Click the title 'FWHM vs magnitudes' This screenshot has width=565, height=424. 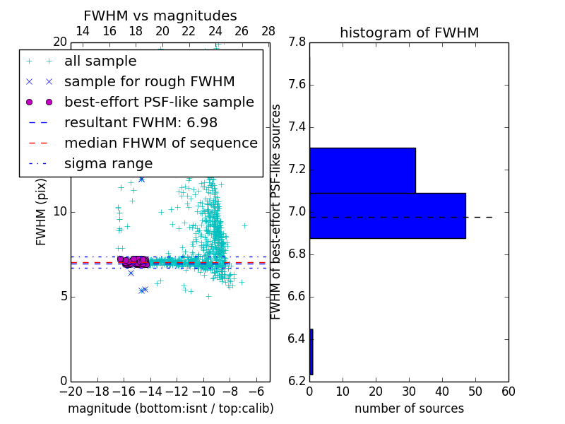click(160, 16)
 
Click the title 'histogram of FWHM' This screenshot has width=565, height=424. click(409, 33)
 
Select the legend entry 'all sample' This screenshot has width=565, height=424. click(100, 61)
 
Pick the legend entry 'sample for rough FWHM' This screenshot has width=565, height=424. click(149, 81)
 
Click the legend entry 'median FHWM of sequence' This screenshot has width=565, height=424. click(160, 143)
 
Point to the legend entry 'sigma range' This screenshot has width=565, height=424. click(108, 163)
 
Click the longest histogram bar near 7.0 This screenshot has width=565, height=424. click(388, 216)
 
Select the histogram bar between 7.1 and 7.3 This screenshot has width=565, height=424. click(362, 170)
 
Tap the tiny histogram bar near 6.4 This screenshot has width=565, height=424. click(311, 351)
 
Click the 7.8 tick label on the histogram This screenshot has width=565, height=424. click(297, 42)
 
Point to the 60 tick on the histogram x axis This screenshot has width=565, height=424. click(508, 391)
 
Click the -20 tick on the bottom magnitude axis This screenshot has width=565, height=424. click(71, 391)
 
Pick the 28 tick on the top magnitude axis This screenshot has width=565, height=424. click(268, 31)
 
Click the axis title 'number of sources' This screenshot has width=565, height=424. click(409, 408)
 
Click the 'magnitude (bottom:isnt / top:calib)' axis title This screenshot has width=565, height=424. click(170, 408)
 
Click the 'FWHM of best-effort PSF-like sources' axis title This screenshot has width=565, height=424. click(276, 212)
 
